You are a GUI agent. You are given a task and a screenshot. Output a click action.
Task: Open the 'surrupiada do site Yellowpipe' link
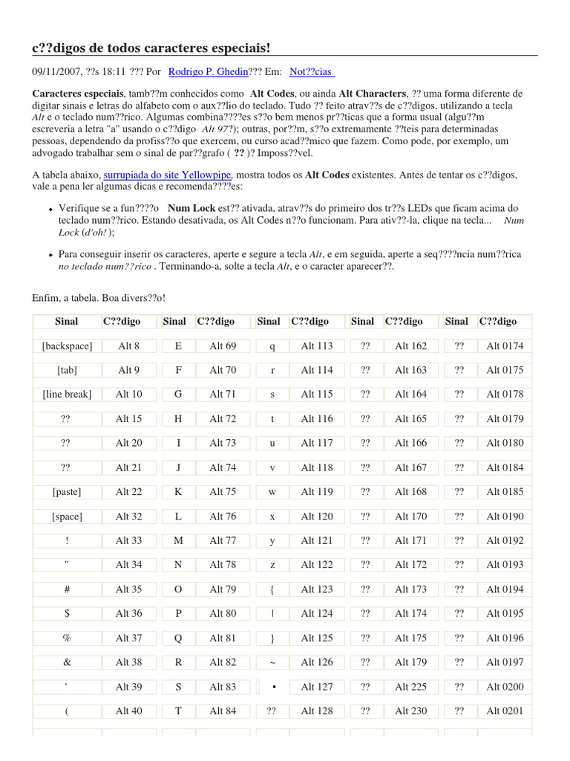click(x=168, y=174)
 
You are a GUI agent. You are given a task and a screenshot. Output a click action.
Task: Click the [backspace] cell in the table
click(x=67, y=346)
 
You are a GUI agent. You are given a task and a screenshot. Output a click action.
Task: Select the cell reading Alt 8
click(x=128, y=346)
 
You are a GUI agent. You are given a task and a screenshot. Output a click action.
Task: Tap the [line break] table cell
click(x=67, y=395)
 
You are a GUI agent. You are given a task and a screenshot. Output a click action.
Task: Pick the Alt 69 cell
click(x=223, y=346)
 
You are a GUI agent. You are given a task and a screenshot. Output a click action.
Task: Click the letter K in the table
click(x=178, y=492)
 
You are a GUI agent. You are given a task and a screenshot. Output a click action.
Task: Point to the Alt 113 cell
click(x=317, y=346)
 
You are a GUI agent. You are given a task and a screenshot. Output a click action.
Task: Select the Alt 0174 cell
click(x=505, y=346)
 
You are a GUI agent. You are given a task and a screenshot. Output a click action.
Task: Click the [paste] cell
click(x=67, y=492)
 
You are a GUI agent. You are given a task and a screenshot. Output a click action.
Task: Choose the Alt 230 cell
click(x=411, y=711)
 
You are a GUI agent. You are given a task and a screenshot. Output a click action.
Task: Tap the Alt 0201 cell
click(x=505, y=711)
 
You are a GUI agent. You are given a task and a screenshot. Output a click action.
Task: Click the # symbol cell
click(x=67, y=589)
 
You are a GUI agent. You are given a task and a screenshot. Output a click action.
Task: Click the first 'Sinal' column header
click(x=67, y=321)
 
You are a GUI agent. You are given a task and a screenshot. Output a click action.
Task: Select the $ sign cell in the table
click(x=67, y=614)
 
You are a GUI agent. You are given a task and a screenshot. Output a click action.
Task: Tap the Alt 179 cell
click(x=411, y=662)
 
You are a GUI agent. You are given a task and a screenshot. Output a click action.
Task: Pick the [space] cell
click(x=67, y=516)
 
